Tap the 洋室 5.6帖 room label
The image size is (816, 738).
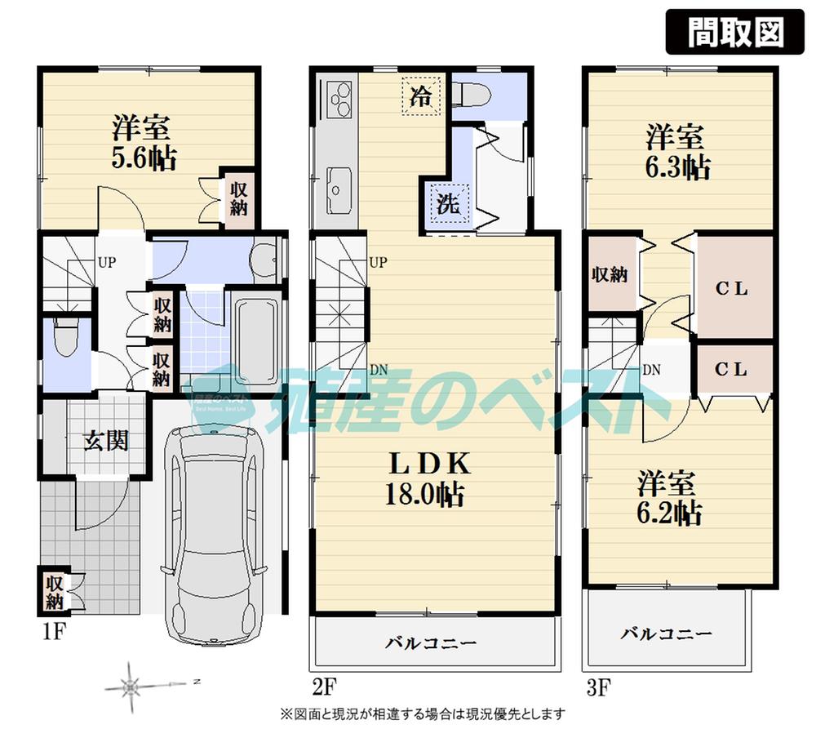[142, 142]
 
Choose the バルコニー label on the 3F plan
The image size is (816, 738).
[666, 634]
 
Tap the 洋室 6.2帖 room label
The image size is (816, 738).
[669, 499]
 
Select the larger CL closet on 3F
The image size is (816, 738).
[732, 288]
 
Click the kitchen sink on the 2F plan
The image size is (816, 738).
[337, 185]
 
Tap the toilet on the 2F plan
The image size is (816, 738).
[471, 96]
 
